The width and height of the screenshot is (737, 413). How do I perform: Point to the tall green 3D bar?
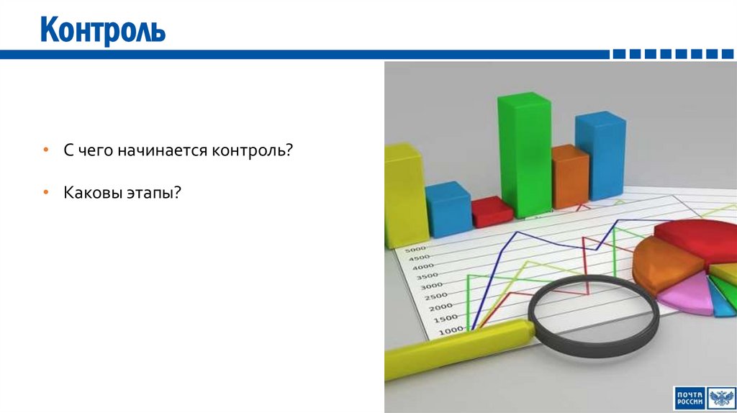pyautogui.click(x=524, y=155)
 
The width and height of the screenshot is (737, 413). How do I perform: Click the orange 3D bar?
pyautogui.click(x=569, y=176)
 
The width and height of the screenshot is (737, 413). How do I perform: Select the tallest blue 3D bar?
pyautogui.click(x=600, y=155)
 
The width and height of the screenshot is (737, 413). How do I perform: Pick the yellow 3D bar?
pyautogui.click(x=404, y=194)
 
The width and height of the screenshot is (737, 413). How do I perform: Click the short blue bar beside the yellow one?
pyautogui.click(x=448, y=209)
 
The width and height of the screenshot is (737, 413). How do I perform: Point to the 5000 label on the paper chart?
pyautogui.click(x=417, y=250)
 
